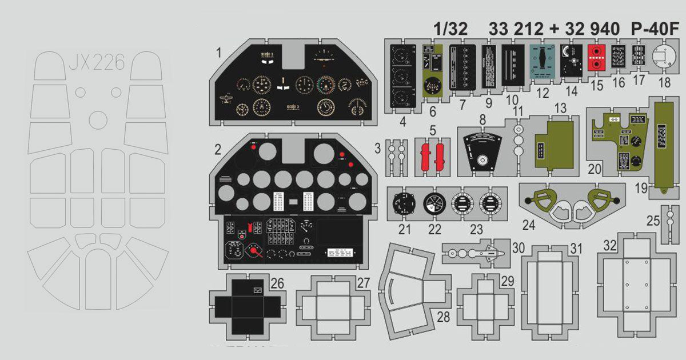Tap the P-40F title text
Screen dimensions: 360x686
[x=657, y=28]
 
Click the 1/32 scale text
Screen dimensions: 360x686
[x=450, y=28]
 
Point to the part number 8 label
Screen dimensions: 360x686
[x=482, y=120]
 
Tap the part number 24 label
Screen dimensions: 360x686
[x=528, y=225]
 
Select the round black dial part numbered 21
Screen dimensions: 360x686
[x=405, y=205]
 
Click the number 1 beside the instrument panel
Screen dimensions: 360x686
[x=219, y=53]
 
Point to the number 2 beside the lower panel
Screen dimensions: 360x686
[x=218, y=150]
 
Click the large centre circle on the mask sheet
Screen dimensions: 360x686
[x=98, y=119]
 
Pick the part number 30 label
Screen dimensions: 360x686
[x=518, y=247]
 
